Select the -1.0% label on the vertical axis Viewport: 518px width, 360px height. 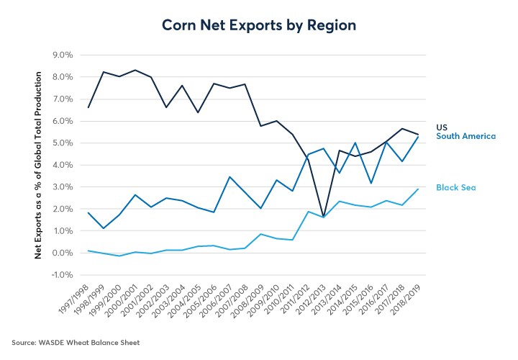[x=60, y=275]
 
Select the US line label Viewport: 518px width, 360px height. [x=442, y=127]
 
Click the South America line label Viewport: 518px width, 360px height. [x=466, y=136]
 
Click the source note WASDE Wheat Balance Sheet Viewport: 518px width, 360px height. [x=76, y=341]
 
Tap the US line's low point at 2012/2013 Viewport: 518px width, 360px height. [x=323, y=217]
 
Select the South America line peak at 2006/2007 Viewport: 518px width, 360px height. [x=228, y=176]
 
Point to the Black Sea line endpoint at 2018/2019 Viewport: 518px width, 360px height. [x=417, y=189]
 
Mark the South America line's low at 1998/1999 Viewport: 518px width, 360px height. [x=103, y=228]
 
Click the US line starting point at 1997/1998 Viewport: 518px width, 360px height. [x=87, y=107]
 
